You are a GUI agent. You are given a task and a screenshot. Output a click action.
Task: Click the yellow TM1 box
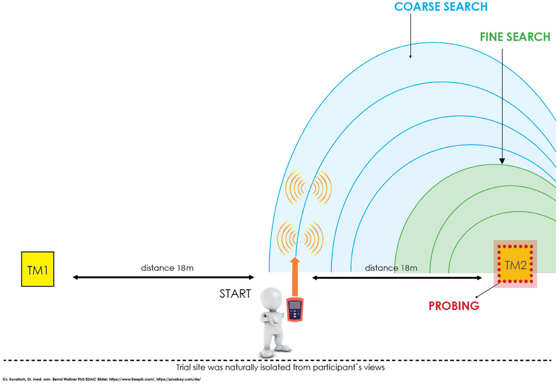[x=38, y=269]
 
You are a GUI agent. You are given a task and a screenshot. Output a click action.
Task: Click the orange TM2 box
[x=515, y=264]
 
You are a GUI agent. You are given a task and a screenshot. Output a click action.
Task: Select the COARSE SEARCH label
[x=441, y=7]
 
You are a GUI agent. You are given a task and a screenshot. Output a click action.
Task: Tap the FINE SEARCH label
[x=515, y=37]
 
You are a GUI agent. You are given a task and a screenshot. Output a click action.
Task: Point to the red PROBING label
[x=454, y=306]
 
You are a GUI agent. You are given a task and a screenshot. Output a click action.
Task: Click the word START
[x=235, y=294]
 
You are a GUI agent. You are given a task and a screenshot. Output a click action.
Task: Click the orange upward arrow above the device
[x=295, y=277]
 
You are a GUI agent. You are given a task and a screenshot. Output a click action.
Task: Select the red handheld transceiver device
[x=295, y=310]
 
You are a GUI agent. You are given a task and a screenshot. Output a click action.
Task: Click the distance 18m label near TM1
[x=167, y=268]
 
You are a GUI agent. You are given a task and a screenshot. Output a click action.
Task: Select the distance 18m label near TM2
[x=391, y=268]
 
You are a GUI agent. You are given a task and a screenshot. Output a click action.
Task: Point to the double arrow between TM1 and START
[x=163, y=277]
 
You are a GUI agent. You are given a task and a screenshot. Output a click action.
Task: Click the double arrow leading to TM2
[x=397, y=278]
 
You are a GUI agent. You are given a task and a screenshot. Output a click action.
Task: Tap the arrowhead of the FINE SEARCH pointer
[x=502, y=161]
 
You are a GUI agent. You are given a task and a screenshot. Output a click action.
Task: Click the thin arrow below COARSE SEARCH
[x=411, y=36]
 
